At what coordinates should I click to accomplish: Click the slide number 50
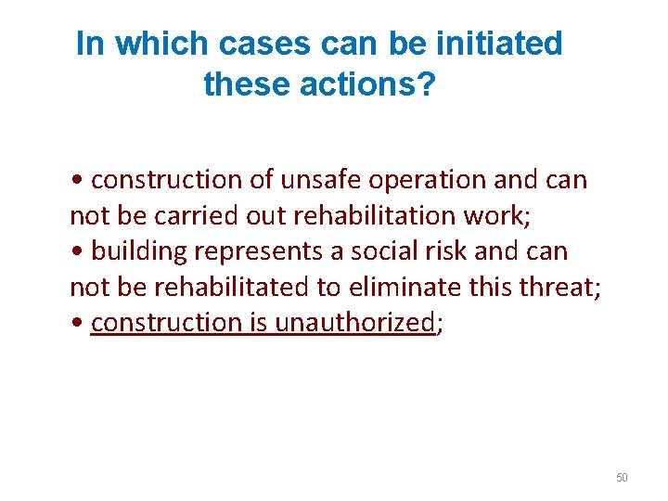point(622,478)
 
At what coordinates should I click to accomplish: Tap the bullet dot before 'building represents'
point(75,251)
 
